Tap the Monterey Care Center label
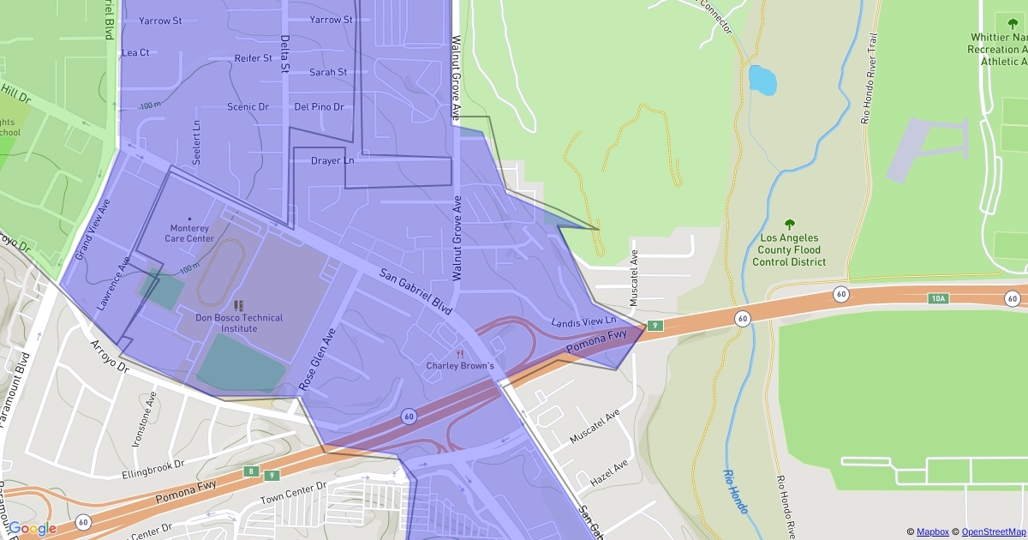[189, 233]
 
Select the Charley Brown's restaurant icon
[460, 353]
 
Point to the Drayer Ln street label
[332, 160]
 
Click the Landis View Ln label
[583, 322]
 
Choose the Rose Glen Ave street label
[318, 359]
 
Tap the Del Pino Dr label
[319, 107]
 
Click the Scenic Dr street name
[248, 107]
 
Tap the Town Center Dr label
[294, 491]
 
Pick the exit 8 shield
[250, 471]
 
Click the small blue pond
[762, 79]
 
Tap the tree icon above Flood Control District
[789, 224]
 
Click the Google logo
[33, 528]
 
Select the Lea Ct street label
[135, 52]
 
